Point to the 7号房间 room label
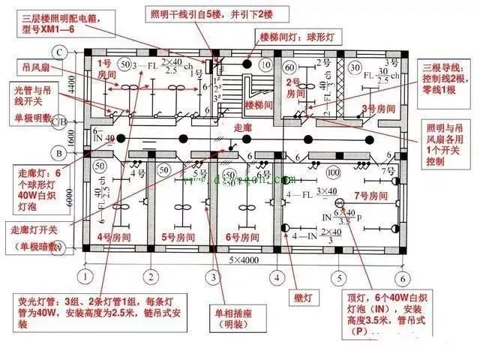[x=372, y=196]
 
